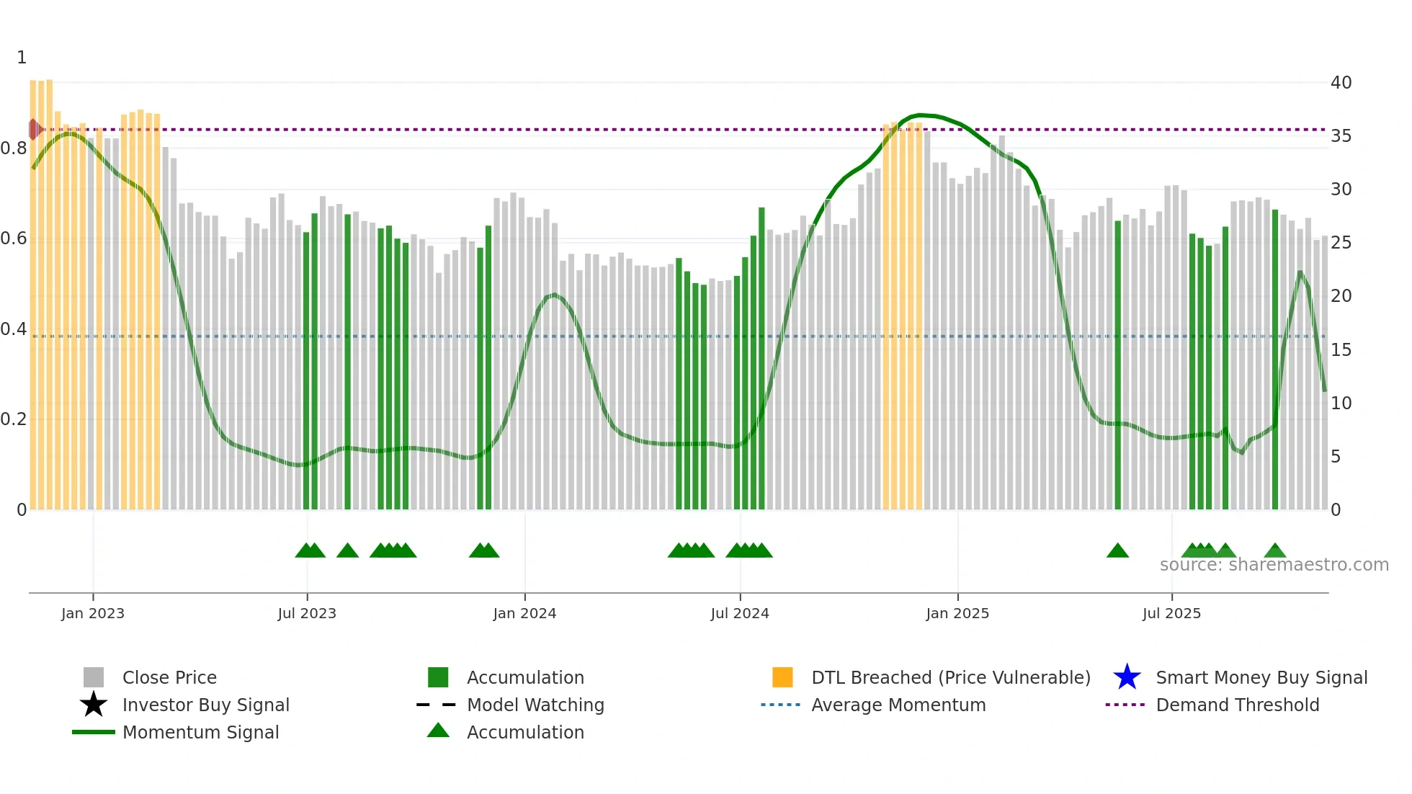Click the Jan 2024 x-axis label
(524, 613)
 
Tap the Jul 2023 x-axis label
(307, 613)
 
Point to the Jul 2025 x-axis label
(1171, 613)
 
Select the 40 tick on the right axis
(1341, 83)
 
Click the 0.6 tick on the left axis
(14, 238)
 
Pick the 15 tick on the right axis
(1341, 350)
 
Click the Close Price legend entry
(169, 677)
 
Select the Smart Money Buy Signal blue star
(1127, 677)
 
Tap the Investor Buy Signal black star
(94, 705)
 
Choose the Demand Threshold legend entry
(1237, 705)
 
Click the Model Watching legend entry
(535, 705)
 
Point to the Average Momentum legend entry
(898, 705)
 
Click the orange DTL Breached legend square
(782, 677)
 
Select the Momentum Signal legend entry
(200, 732)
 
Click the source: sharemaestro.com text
(1274, 565)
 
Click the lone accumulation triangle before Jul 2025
(1117, 551)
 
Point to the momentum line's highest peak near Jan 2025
(919, 115)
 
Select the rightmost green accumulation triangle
(1275, 551)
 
